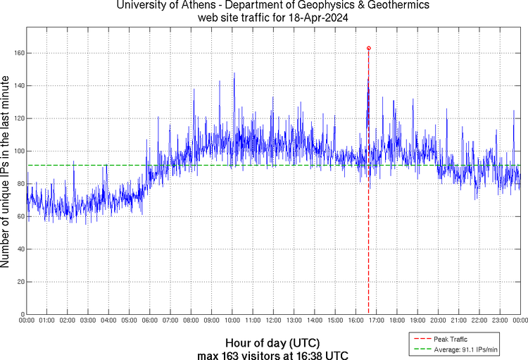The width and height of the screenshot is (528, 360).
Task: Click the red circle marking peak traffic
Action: (x=369, y=48)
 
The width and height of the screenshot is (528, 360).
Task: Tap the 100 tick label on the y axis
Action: (x=19, y=151)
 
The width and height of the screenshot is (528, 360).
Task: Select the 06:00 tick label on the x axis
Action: (x=150, y=321)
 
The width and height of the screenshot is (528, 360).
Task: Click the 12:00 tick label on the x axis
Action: (x=274, y=321)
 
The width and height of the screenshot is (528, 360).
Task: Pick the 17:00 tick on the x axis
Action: (x=377, y=321)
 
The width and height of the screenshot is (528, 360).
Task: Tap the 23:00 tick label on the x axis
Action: (x=500, y=321)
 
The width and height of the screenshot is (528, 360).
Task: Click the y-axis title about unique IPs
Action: (x=6, y=173)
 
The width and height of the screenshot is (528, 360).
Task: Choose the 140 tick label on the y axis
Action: (x=19, y=86)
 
